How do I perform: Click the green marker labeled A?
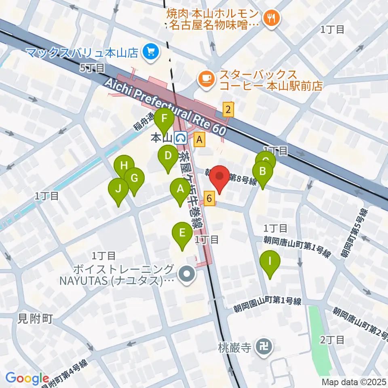click(x=180, y=189)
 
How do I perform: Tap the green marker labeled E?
click(x=182, y=233)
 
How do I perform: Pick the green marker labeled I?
click(x=270, y=261)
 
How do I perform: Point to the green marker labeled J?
click(x=118, y=189)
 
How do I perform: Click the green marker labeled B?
click(x=262, y=171)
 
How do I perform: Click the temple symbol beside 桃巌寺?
click(x=265, y=347)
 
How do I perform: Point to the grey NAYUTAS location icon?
click(x=188, y=275)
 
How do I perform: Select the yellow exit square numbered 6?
click(x=209, y=198)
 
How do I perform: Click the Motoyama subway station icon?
click(x=181, y=139)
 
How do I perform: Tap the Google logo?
click(x=27, y=378)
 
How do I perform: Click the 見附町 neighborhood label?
click(x=36, y=319)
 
